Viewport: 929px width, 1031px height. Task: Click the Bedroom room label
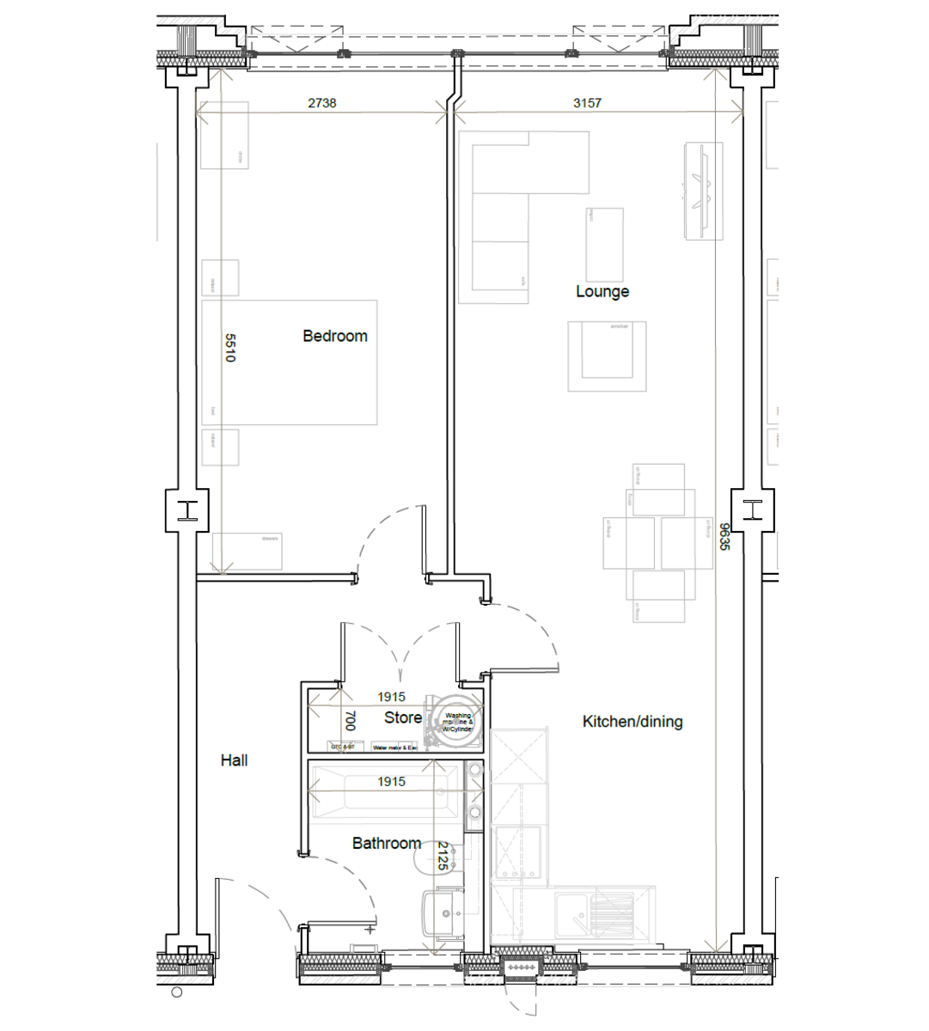tap(334, 336)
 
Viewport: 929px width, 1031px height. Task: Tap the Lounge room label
tap(602, 291)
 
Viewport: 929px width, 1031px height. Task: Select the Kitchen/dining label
tap(633, 722)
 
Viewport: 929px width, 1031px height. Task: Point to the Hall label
tap(234, 760)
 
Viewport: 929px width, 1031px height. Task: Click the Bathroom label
tap(386, 844)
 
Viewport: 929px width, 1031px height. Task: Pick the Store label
tap(402, 717)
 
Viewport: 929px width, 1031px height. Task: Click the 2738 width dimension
tap(322, 103)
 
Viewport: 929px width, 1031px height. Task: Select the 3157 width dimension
tap(587, 103)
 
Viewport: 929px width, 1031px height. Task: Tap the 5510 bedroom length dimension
tap(229, 348)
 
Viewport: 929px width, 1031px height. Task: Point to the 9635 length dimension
tap(724, 536)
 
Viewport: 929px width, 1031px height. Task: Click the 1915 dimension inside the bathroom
tap(391, 782)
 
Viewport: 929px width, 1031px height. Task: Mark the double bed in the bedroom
tap(290, 362)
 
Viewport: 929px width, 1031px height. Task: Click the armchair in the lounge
tap(607, 356)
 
